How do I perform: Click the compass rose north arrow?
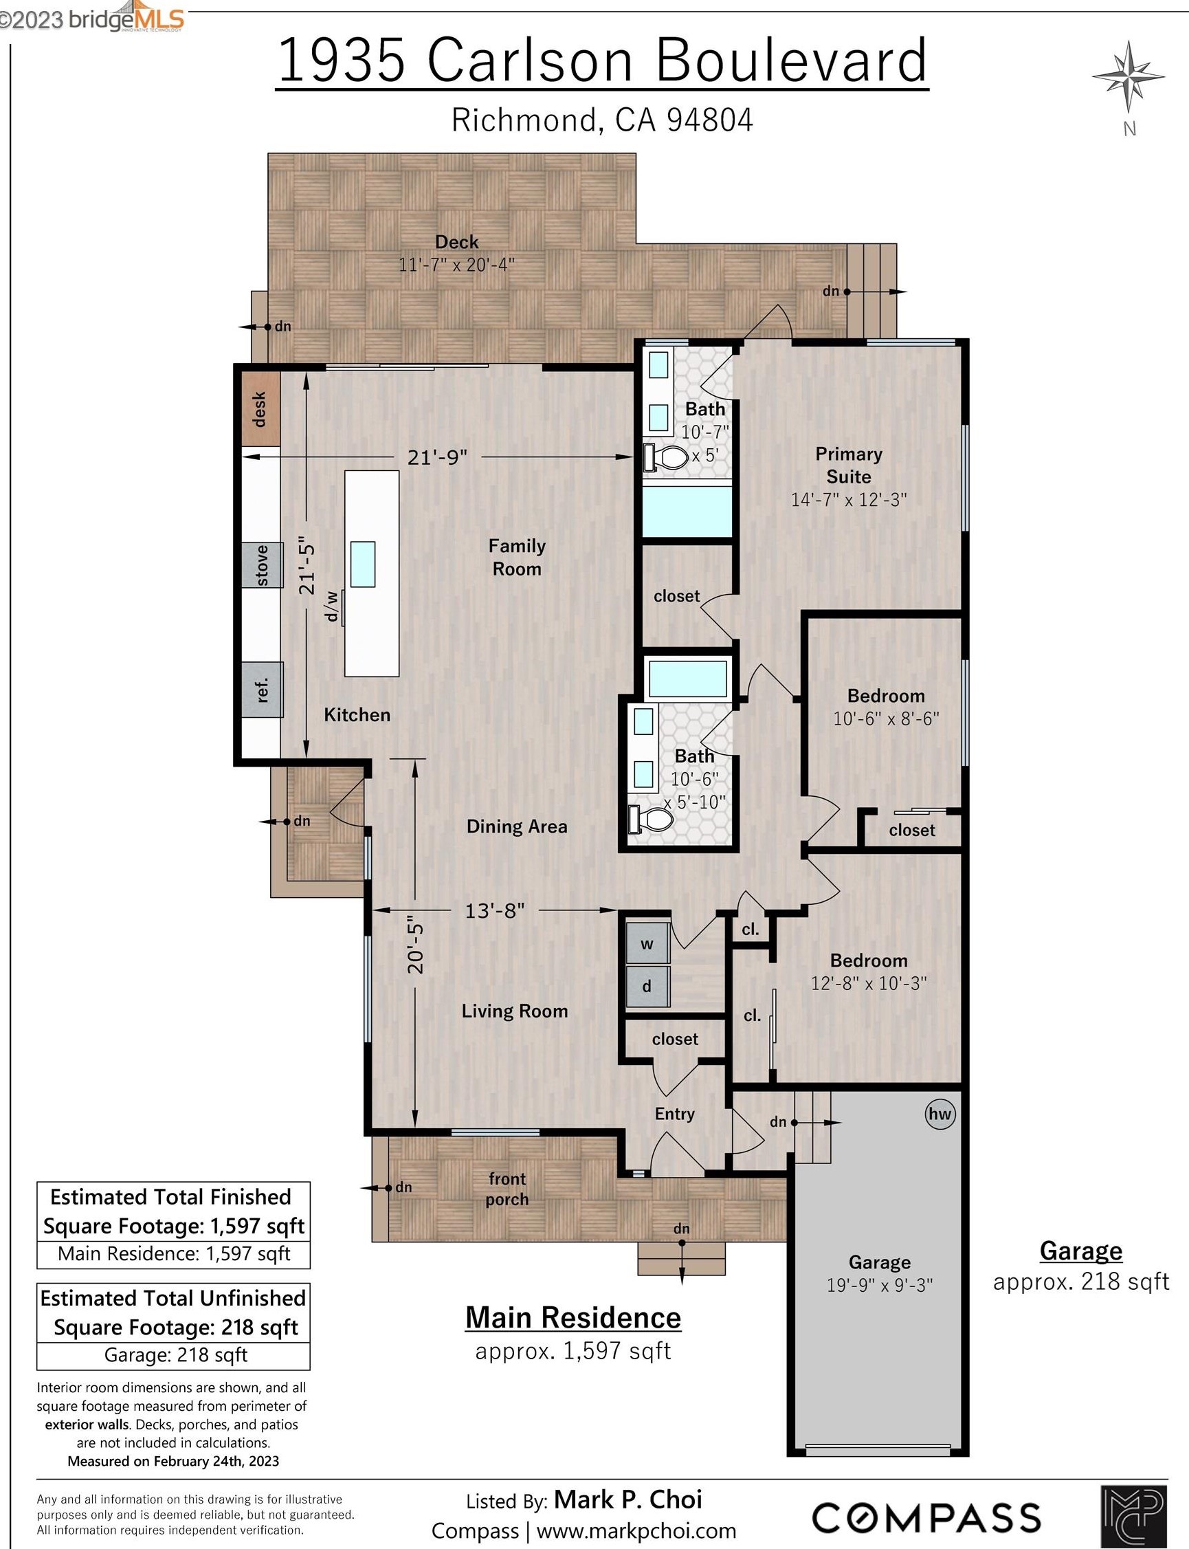tap(1128, 77)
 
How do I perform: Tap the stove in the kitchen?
tap(262, 564)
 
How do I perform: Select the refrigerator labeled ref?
tap(262, 689)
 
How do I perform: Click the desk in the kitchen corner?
tap(260, 409)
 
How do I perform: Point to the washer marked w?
tap(647, 943)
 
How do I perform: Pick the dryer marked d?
tap(647, 986)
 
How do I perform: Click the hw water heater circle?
tap(940, 1114)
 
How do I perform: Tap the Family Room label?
tap(517, 557)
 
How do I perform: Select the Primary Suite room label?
tap(849, 465)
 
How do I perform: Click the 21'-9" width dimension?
tap(437, 457)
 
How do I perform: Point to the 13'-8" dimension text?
tap(495, 910)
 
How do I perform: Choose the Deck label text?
tap(456, 242)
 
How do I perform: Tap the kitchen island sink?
tap(363, 564)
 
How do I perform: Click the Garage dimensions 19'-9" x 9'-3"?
tap(880, 1285)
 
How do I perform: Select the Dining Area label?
tap(517, 826)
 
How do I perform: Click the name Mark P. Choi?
tap(627, 1499)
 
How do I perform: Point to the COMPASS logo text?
tap(926, 1518)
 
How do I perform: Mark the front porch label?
tap(507, 1189)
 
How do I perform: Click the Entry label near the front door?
tap(674, 1114)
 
